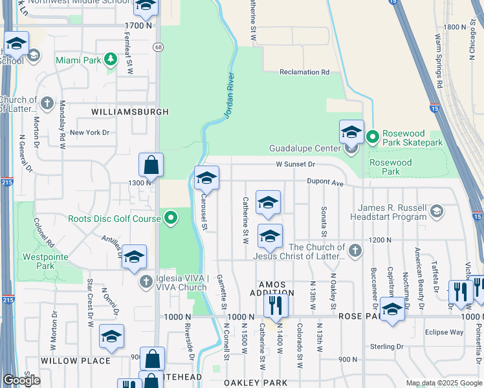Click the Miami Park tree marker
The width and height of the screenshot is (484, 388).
[111, 60]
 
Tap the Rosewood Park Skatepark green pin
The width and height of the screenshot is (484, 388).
[372, 137]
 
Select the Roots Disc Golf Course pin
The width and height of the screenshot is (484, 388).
[171, 218]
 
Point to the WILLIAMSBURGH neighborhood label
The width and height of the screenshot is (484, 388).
[130, 112]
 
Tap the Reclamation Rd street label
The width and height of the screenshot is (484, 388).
[304, 72]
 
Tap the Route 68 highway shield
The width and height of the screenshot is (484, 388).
[158, 47]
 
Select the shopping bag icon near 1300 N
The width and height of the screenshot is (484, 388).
[151, 166]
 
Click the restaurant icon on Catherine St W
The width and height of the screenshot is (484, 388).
[276, 305]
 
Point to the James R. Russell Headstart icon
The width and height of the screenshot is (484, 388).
[437, 211]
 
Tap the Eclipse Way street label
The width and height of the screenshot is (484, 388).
[444, 332]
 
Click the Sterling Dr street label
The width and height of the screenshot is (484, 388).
[387, 347]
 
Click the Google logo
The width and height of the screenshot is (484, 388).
[21, 380]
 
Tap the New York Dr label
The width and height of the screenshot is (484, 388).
[90, 133]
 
